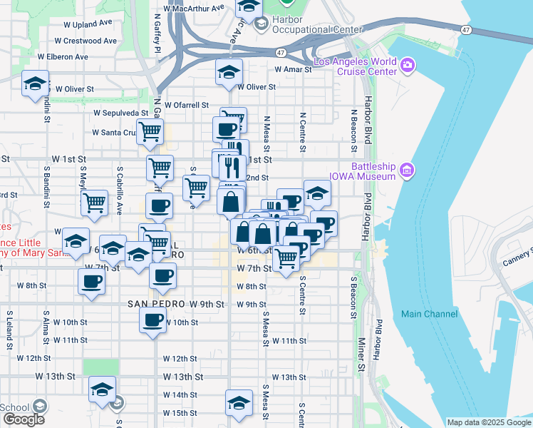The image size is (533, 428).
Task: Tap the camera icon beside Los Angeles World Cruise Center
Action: pos(408,66)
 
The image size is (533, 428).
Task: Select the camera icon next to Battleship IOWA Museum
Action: pos(407,170)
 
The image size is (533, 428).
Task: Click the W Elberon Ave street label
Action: pos(63,56)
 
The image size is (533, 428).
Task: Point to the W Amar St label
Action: pos(294,69)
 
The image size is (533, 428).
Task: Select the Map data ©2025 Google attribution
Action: pos(489,422)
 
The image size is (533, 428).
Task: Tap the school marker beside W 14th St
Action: pos(102,389)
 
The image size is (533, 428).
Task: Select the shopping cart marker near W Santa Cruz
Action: pos(150,131)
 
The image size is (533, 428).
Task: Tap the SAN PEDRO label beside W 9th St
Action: pos(157,304)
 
